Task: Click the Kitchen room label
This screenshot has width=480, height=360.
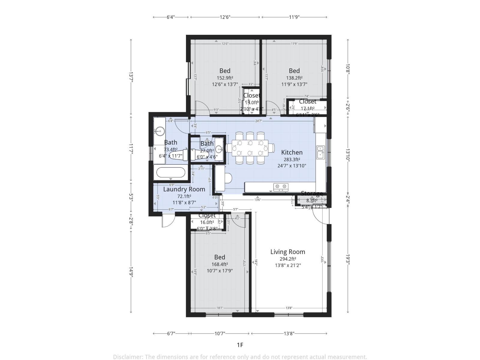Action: pos(292,152)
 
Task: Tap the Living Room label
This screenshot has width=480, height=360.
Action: pos(288,252)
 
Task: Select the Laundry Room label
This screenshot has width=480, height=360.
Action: pos(184,189)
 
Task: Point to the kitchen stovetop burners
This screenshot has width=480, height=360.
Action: pos(281,187)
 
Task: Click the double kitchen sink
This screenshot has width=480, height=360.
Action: pos(320,152)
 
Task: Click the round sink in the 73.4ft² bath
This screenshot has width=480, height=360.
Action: pos(159,131)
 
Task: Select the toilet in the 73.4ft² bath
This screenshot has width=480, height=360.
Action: pos(178,155)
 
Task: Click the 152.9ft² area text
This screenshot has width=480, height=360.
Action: pos(225,78)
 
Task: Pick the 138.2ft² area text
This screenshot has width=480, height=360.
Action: pos(294,78)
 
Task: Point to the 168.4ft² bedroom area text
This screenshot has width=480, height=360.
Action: pos(220,264)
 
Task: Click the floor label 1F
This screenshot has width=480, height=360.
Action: pos(240,345)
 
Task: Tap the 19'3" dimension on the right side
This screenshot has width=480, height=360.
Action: pos(348,259)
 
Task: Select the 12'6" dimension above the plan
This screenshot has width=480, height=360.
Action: pos(225,17)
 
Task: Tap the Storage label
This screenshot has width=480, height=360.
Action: pos(312,193)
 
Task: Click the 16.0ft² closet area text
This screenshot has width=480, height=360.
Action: pos(207,222)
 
